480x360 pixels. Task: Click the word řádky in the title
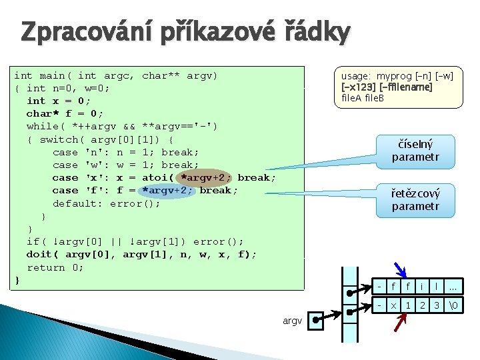[x=313, y=32]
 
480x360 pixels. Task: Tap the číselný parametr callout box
[x=415, y=151]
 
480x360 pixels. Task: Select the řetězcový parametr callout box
[x=415, y=199]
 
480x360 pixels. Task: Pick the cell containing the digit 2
[x=423, y=305]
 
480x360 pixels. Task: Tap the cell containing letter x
[x=393, y=305]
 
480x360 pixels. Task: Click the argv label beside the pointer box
[x=291, y=321]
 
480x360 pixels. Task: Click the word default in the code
[x=75, y=203]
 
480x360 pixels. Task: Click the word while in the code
[x=43, y=126]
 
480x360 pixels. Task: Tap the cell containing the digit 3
[x=437, y=305]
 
